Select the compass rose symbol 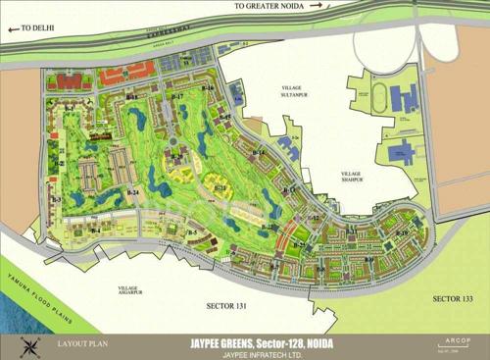point(29,346)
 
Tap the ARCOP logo point(458,341)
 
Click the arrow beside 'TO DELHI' point(12,29)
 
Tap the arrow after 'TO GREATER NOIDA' point(319,6)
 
